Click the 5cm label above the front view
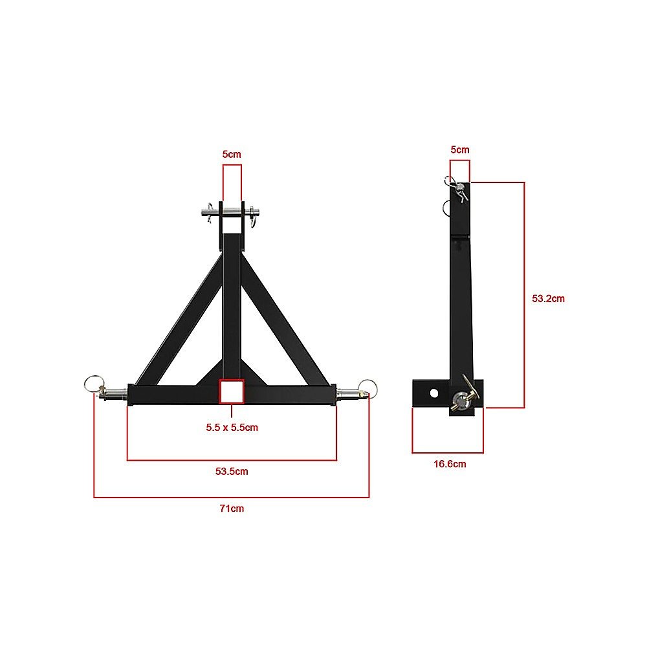pyautogui.click(x=232, y=155)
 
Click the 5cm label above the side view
pyautogui.click(x=459, y=149)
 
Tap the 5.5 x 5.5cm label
pyautogui.click(x=232, y=428)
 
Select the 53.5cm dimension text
pyautogui.click(x=232, y=471)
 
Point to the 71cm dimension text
pyautogui.click(x=232, y=509)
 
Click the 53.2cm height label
pyautogui.click(x=548, y=299)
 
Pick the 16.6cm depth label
pyautogui.click(x=448, y=464)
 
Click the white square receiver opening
pyautogui.click(x=231, y=391)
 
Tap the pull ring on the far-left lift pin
pyautogui.click(x=91, y=384)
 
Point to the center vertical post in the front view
pyautogui.click(x=231, y=304)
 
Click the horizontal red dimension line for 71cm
pyautogui.click(x=232, y=497)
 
